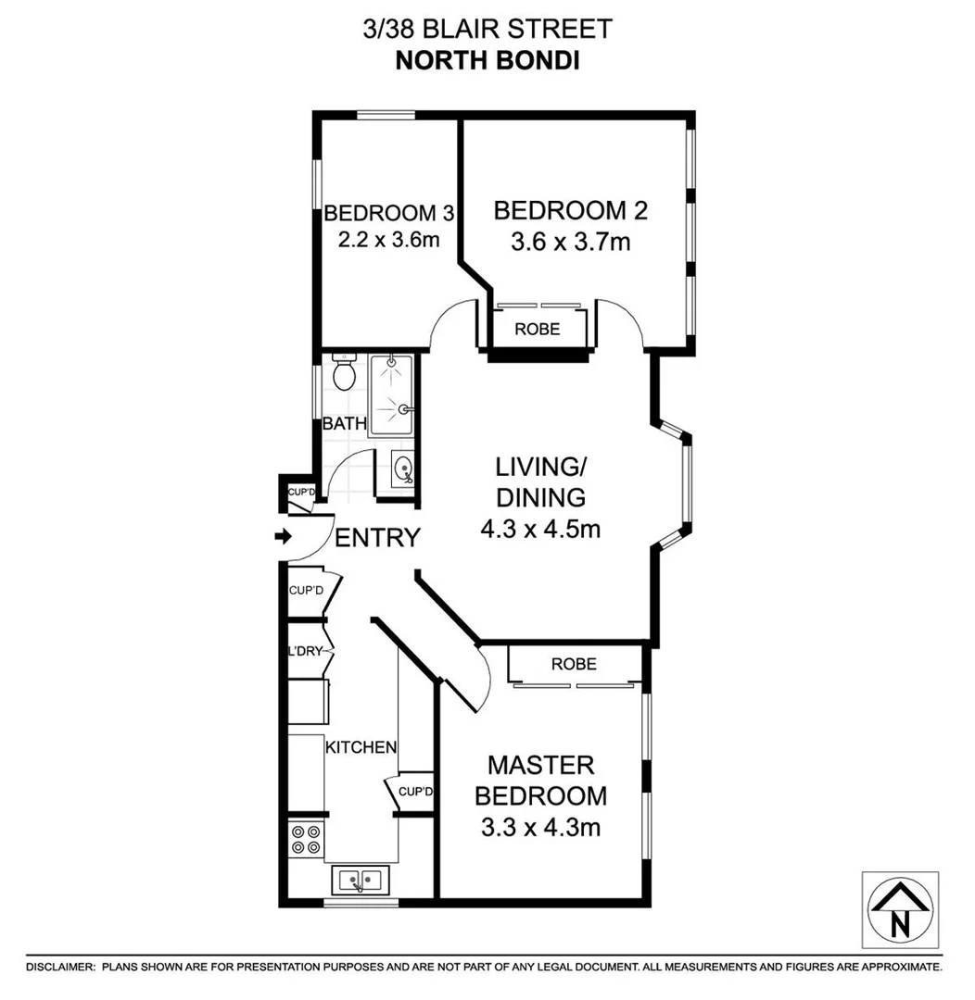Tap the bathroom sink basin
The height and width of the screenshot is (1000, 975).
point(402,469)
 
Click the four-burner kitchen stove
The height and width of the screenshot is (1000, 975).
point(307,839)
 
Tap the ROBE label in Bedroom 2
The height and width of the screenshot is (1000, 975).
point(538,329)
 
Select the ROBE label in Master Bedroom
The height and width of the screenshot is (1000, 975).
point(574,664)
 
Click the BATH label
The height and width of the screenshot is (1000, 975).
point(345,425)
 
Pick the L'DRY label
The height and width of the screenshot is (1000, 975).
point(305,651)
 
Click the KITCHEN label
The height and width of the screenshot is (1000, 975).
point(361,747)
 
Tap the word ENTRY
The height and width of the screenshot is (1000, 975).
point(377,538)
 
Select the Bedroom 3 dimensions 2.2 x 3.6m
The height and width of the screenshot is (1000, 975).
point(388,240)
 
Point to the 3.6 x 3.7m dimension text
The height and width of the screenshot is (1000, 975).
point(570,243)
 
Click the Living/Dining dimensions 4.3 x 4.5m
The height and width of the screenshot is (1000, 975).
point(541,531)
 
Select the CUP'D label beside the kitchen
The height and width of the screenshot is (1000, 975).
point(416,792)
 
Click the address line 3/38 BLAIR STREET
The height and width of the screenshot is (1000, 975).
point(487,29)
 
